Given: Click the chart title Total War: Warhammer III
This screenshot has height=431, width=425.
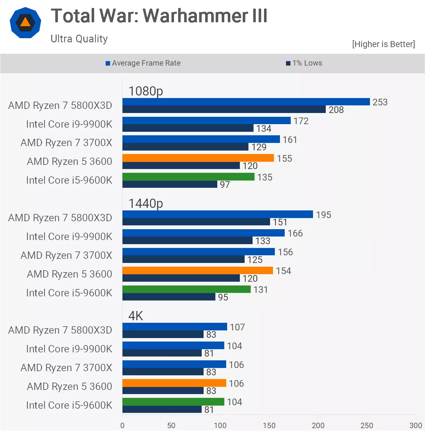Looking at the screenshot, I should pos(159,16).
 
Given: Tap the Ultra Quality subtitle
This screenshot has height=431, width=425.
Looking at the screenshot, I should pos(79,39).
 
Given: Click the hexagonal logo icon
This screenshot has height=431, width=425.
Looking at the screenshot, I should pos(25,23).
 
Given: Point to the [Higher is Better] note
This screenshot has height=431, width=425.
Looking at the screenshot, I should pos(383,44).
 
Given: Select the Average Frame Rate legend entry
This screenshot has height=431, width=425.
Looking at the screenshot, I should pos(143,63).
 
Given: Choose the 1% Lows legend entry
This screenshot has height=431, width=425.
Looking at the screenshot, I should pos(304,63).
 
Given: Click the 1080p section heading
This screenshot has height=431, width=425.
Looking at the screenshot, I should pos(146,91).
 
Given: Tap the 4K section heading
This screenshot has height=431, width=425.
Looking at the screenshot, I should pos(136,316).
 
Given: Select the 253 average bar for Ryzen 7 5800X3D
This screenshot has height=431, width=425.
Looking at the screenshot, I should pos(246,102).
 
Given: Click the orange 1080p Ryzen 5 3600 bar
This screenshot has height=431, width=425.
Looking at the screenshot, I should pos(198,158).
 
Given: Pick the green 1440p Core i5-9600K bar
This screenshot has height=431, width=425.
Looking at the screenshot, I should pos(186,289).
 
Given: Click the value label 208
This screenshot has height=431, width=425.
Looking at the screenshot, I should pos(336,110).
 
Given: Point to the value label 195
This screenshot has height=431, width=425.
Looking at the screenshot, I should pos(324,215).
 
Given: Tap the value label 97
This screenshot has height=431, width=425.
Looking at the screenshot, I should pos(225,185).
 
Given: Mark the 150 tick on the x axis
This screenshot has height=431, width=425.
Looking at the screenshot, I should pos(269,425).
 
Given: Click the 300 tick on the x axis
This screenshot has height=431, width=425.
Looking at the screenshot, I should pos(415,425).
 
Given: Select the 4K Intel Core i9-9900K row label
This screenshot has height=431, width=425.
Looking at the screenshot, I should pos(69,349).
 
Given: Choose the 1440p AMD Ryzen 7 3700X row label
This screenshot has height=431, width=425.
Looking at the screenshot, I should pos(66,255).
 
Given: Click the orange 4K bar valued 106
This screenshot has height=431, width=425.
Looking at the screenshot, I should pos(174,383).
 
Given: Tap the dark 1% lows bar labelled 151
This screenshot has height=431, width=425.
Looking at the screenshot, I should pos(196,222).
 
